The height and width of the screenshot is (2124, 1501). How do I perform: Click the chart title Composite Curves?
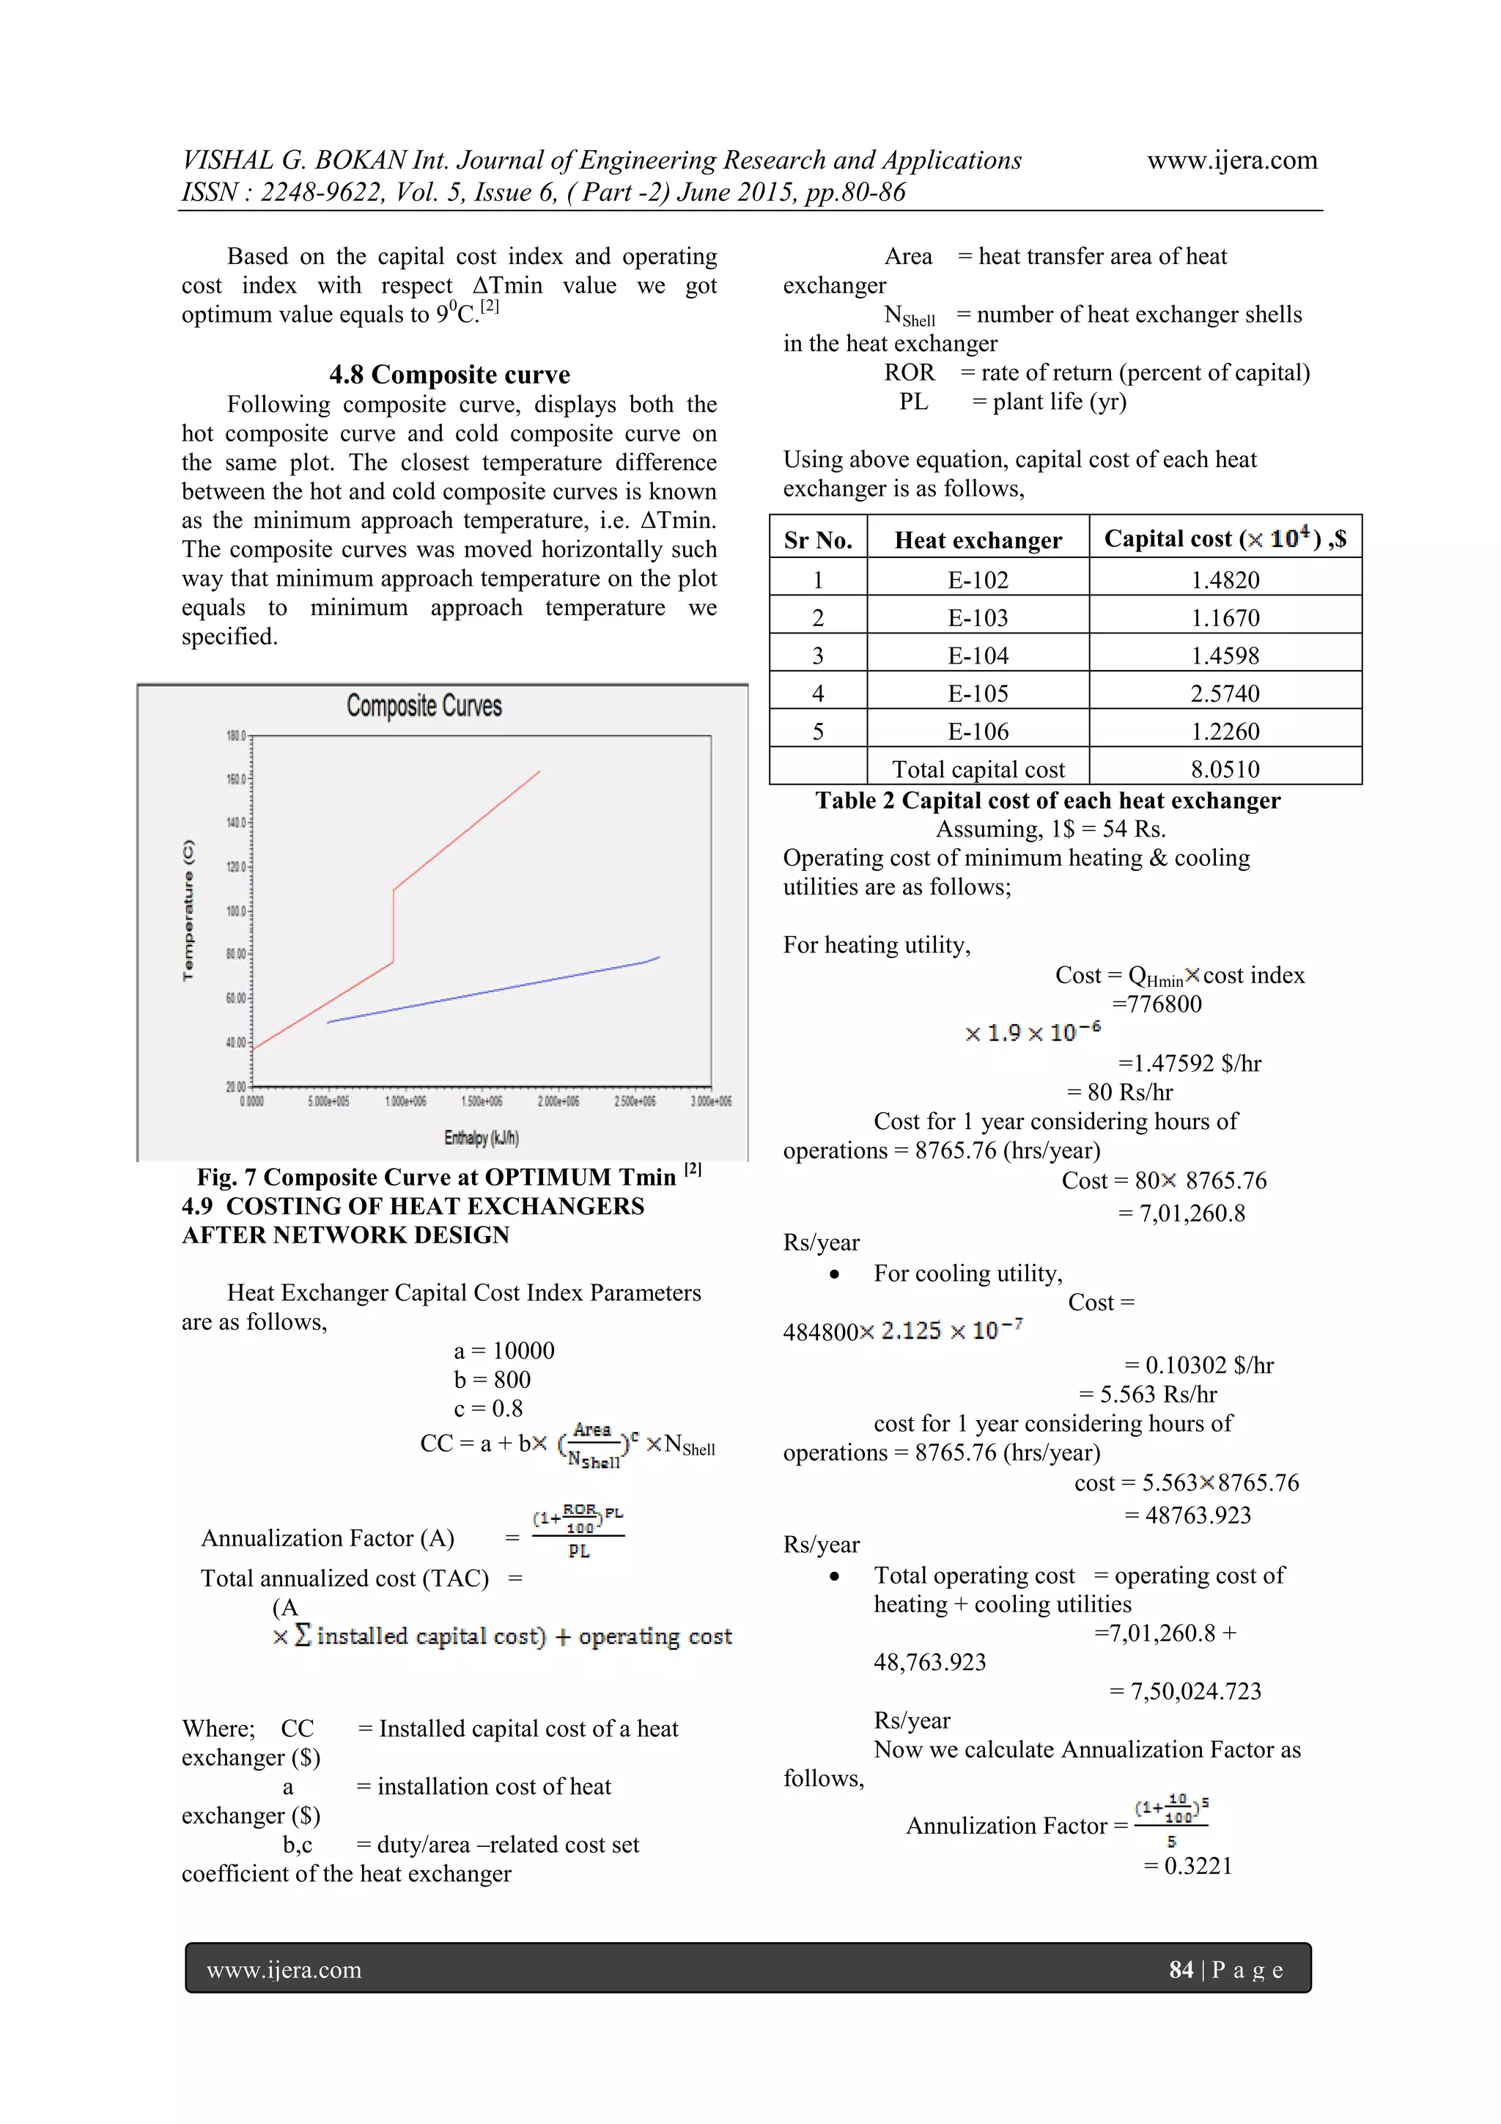pyautogui.click(x=424, y=706)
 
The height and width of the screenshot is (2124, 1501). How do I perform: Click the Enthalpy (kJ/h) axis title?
pyautogui.click(x=481, y=1137)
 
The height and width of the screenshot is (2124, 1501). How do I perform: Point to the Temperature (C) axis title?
pyautogui.click(x=188, y=911)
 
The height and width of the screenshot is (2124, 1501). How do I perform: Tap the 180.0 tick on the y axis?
pyautogui.click(x=236, y=736)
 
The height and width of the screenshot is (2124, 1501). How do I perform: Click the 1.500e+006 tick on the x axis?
pyautogui.click(x=481, y=1100)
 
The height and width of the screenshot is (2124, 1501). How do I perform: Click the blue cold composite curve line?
pyautogui.click(x=490, y=991)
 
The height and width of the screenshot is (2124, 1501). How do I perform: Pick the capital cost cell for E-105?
pyautogui.click(x=1225, y=693)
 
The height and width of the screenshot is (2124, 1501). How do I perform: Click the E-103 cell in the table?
pyautogui.click(x=978, y=617)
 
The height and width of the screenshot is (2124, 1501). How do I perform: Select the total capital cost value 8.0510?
pyautogui.click(x=1225, y=769)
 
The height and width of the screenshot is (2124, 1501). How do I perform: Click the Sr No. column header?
pyautogui.click(x=817, y=540)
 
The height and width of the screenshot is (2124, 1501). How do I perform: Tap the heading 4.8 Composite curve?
pyautogui.click(x=449, y=375)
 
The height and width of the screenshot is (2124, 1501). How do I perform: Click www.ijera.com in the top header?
pyautogui.click(x=1232, y=160)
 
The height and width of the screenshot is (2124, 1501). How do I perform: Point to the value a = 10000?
pyautogui.click(x=504, y=1351)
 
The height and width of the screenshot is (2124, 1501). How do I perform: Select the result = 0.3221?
pyautogui.click(x=1188, y=1866)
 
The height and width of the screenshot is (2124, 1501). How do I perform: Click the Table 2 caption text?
pyautogui.click(x=1047, y=800)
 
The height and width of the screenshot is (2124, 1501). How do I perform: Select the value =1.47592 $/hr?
pyautogui.click(x=1190, y=1063)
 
